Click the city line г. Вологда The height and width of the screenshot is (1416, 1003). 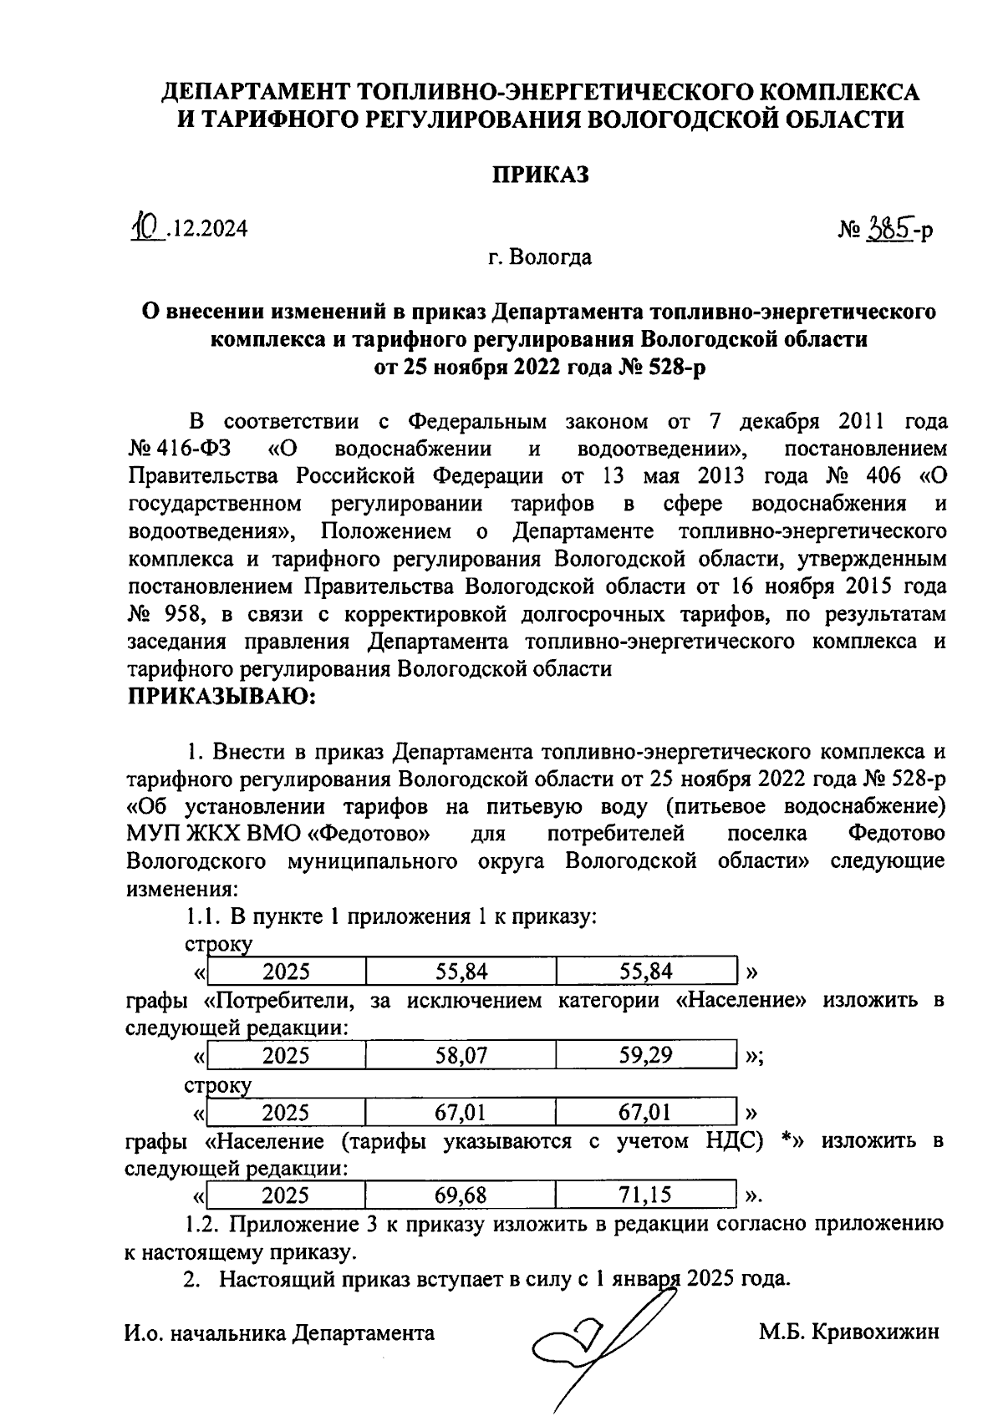[x=540, y=257]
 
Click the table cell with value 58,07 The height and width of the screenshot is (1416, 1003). [x=461, y=1056]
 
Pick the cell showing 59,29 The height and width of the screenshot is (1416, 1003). [x=645, y=1056]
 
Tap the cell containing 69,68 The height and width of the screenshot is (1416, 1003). [x=461, y=1195]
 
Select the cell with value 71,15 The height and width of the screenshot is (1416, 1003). [x=645, y=1195]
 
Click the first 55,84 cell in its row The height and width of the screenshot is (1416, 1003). [x=461, y=971]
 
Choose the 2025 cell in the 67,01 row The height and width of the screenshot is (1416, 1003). [x=286, y=1113]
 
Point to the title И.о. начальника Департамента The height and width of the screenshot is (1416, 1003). [x=279, y=1333]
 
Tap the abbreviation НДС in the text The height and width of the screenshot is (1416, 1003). [x=730, y=1141]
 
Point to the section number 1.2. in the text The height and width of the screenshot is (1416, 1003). [x=203, y=1225]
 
